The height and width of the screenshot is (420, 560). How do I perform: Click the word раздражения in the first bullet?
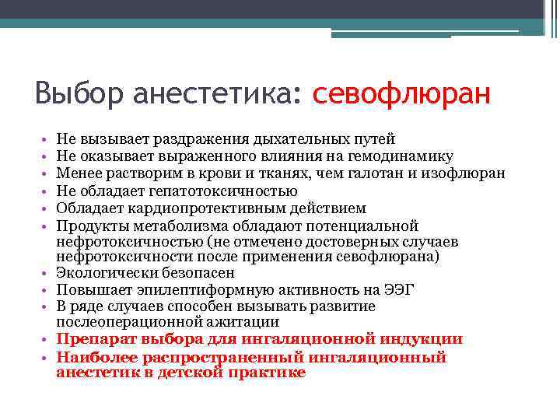point(225,139)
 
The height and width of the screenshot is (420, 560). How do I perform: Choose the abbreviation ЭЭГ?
point(399,290)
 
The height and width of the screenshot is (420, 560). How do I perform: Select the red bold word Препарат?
point(96,339)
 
